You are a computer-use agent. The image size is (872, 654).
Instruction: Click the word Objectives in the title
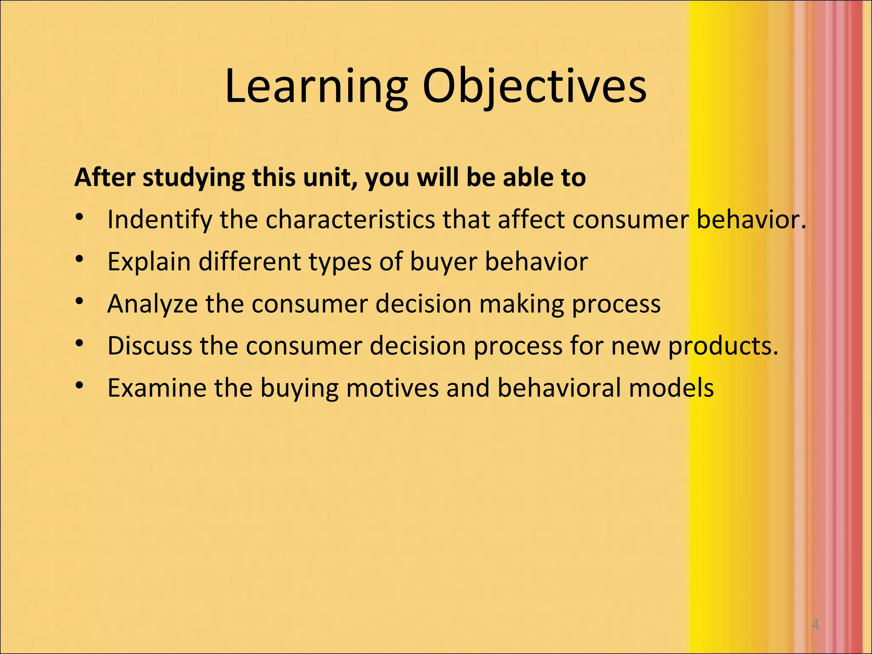coord(534,87)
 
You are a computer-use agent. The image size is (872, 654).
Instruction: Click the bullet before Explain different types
coord(79,259)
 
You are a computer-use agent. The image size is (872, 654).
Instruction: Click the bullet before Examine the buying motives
coord(79,386)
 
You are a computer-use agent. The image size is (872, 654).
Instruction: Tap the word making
coord(522,304)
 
